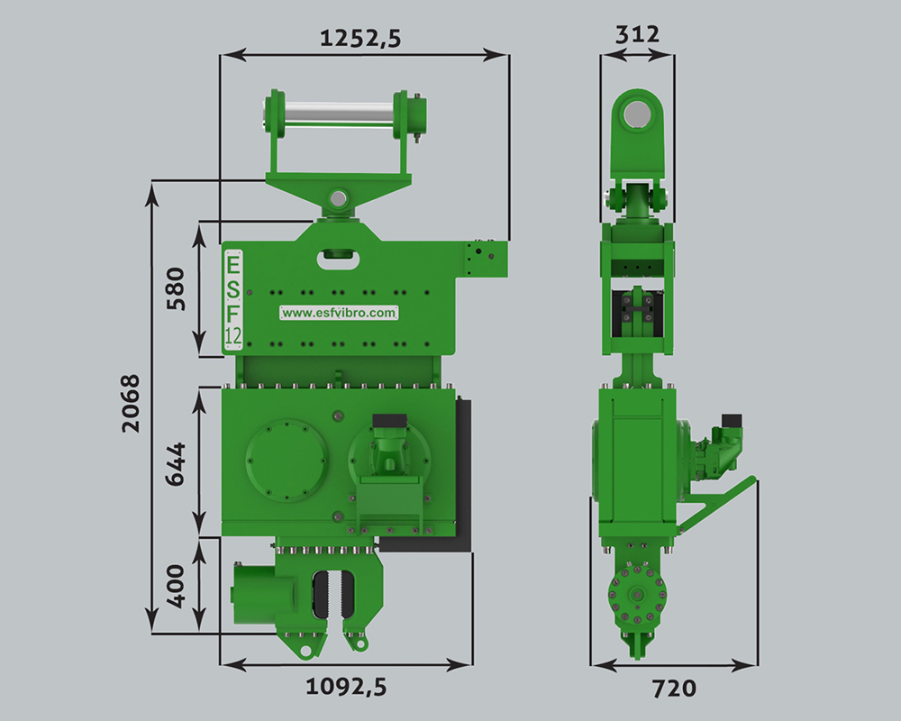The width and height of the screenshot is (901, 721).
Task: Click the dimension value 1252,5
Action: [360, 39]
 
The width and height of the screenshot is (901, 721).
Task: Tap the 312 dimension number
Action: [637, 35]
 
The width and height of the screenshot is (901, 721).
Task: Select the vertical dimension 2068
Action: [131, 403]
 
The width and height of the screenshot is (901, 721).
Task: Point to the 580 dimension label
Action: [177, 288]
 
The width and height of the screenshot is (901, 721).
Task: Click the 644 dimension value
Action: [177, 464]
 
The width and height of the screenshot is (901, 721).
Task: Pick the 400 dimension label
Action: [177, 586]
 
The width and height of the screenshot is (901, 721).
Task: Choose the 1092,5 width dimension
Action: [346, 687]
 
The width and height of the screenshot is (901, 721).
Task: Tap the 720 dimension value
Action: [675, 689]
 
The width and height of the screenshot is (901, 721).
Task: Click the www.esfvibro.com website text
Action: [339, 313]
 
